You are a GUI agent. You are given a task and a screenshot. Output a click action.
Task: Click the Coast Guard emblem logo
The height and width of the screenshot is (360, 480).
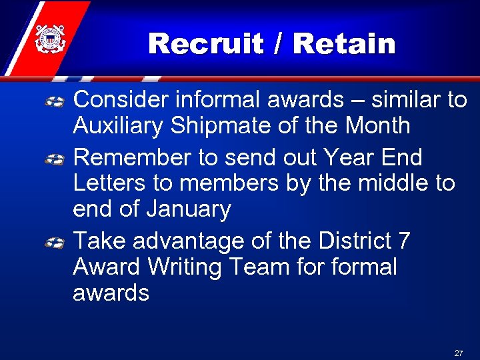(x=49, y=39)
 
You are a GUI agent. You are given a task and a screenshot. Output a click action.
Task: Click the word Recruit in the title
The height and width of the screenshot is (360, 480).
(x=205, y=44)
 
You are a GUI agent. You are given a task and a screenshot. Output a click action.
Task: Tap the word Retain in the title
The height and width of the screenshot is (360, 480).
(x=344, y=44)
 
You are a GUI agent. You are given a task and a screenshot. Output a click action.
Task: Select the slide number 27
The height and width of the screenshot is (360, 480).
(x=458, y=352)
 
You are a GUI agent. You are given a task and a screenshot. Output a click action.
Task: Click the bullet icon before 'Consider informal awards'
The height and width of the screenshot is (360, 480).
(x=55, y=101)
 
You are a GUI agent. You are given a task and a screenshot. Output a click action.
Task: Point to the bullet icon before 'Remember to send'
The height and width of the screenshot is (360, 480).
(x=55, y=159)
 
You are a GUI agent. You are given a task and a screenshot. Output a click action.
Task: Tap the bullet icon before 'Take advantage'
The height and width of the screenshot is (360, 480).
(x=55, y=243)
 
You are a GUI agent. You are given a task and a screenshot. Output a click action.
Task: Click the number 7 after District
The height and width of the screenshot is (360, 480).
(x=404, y=241)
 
